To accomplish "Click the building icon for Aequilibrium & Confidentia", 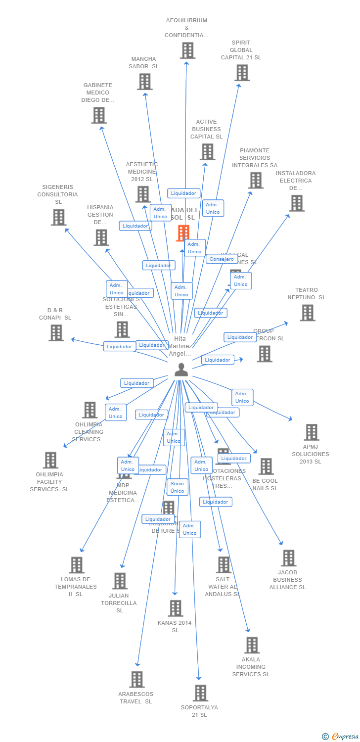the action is pyautogui.click(x=187, y=50).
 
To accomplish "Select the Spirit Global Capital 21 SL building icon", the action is pyautogui.click(x=242, y=73).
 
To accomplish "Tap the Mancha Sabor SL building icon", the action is pyautogui.click(x=144, y=82).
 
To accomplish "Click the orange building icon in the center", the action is pyautogui.click(x=183, y=232).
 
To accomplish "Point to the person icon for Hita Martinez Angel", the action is pyautogui.click(x=181, y=370).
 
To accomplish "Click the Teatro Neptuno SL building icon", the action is pyautogui.click(x=308, y=313).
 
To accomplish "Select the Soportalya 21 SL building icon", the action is pyautogui.click(x=200, y=693).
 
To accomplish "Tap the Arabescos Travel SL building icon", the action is pyautogui.click(x=137, y=679).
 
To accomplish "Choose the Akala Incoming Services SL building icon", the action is pyautogui.click(x=252, y=645).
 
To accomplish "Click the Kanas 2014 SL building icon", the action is pyautogui.click(x=176, y=608).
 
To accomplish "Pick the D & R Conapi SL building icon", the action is pyautogui.click(x=56, y=332).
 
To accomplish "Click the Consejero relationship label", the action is pyautogui.click(x=222, y=259).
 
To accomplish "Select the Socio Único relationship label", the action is pyautogui.click(x=177, y=487).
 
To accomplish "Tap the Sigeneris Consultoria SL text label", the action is pyautogui.click(x=58, y=194).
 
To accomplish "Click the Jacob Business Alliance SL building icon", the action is pyautogui.click(x=288, y=558).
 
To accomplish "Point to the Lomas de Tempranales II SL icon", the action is pyautogui.click(x=77, y=565).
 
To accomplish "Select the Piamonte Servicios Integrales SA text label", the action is pyautogui.click(x=255, y=158).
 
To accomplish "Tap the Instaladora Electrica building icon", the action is pyautogui.click(x=297, y=203).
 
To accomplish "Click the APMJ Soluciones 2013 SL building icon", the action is pyautogui.click(x=311, y=432).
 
